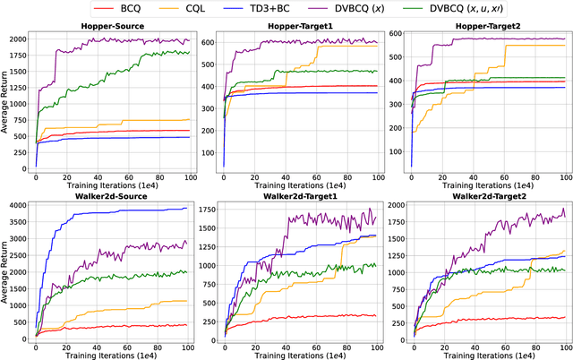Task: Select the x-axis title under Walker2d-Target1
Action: (296, 356)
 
